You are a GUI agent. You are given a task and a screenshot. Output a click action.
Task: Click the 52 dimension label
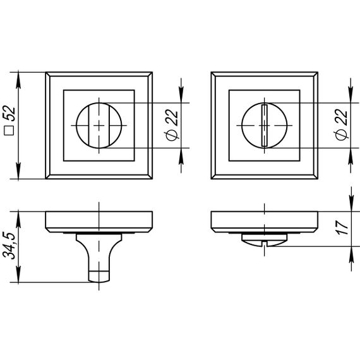(x=9, y=113)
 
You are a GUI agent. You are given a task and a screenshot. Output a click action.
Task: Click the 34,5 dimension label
(x=9, y=245)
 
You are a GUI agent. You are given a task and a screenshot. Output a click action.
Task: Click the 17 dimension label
(x=342, y=227)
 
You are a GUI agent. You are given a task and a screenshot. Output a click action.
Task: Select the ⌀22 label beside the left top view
(x=172, y=125)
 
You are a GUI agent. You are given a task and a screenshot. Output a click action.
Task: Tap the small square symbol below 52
(x=9, y=130)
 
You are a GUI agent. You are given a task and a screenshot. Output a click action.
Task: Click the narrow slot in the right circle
(x=265, y=125)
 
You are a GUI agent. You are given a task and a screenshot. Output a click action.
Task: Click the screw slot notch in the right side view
(x=265, y=243)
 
